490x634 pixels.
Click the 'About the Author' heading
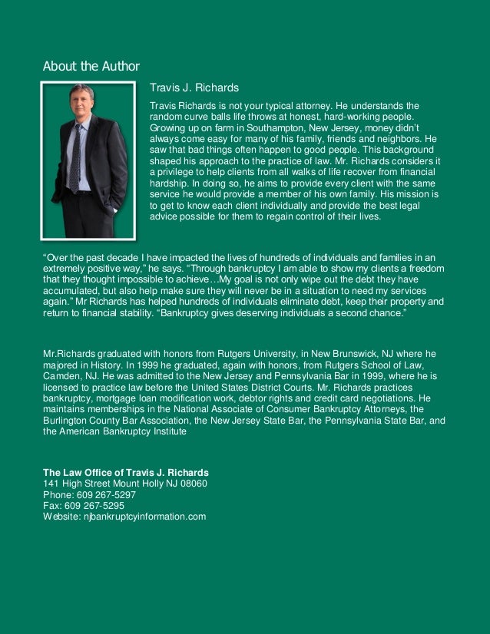coord(91,66)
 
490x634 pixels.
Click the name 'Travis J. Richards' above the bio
coord(194,88)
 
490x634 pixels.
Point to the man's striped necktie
coord(75,157)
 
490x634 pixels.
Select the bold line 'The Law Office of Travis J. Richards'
coord(125,472)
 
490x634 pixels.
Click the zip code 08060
coord(192,484)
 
